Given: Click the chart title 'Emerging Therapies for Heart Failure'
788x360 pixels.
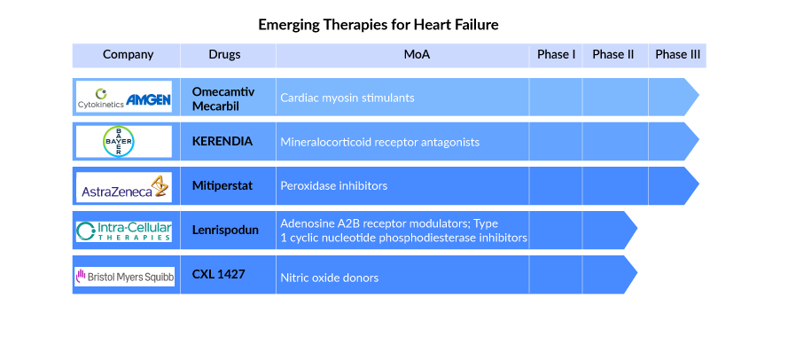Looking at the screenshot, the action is pyautogui.click(x=378, y=25).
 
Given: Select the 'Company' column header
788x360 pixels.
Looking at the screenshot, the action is pyautogui.click(x=129, y=55).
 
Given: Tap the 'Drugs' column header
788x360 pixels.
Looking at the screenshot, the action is pyautogui.click(x=224, y=54).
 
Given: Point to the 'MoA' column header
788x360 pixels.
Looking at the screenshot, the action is pyautogui.click(x=417, y=54).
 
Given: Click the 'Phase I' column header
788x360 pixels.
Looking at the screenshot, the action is pyautogui.click(x=557, y=54).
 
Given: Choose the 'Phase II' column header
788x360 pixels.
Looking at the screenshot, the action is pyautogui.click(x=613, y=54).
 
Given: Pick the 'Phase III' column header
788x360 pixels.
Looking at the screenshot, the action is pyautogui.click(x=677, y=54).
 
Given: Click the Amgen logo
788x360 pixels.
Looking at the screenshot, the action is pyautogui.click(x=148, y=99).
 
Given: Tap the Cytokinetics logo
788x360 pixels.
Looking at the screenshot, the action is pyautogui.click(x=100, y=99).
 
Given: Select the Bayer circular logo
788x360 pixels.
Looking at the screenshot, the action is pyautogui.click(x=118, y=142).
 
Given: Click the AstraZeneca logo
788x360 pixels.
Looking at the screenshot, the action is pyautogui.click(x=124, y=188).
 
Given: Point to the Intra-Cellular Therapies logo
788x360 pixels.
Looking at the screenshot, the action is pyautogui.click(x=124, y=231).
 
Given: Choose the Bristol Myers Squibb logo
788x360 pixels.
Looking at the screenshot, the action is pyautogui.click(x=125, y=277).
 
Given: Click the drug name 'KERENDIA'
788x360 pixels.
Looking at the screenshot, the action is pyautogui.click(x=222, y=141).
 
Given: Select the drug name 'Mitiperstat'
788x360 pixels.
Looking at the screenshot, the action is pyautogui.click(x=222, y=186).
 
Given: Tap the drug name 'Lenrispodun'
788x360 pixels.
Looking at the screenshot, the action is pyautogui.click(x=225, y=231).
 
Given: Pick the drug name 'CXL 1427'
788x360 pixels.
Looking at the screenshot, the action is pyautogui.click(x=218, y=275).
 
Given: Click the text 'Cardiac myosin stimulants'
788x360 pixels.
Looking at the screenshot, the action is pyautogui.click(x=347, y=98).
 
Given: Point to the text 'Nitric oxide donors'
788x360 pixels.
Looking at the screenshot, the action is pyautogui.click(x=329, y=278).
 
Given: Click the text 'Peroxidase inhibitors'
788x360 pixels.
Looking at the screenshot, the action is pyautogui.click(x=333, y=186).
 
